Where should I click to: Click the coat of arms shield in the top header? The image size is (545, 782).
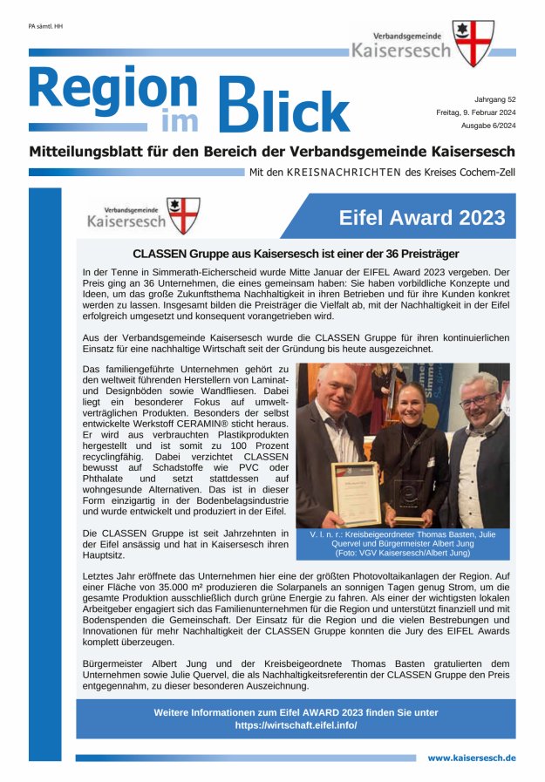(474, 43)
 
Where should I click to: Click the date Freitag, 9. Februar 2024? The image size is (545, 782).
(475, 112)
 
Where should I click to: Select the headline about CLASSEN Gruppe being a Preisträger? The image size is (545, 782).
(295, 254)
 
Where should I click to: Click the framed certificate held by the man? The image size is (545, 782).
(356, 493)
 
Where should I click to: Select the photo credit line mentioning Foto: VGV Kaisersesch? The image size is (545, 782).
(403, 552)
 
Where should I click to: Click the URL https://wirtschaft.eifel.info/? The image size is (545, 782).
(296, 725)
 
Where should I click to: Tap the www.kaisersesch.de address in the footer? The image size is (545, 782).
(471, 758)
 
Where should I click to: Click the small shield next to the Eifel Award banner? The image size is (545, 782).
(183, 216)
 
